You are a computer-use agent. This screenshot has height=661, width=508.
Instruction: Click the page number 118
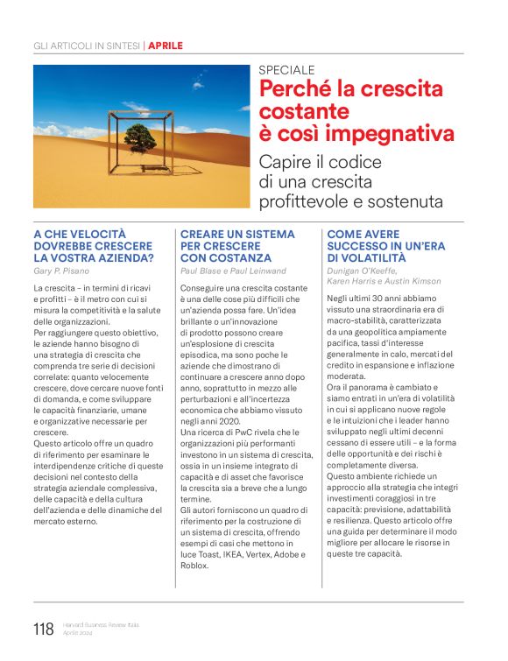(x=43, y=629)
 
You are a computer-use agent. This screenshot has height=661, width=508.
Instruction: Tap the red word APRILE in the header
(x=166, y=46)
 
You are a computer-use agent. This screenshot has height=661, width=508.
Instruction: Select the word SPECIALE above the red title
(x=287, y=70)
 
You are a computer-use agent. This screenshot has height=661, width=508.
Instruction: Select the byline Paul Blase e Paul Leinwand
(x=233, y=271)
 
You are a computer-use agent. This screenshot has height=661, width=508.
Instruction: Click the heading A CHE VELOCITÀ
(x=80, y=235)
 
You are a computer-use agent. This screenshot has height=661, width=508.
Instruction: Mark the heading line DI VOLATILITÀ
(x=368, y=258)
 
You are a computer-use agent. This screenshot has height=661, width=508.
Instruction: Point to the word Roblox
(x=196, y=565)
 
